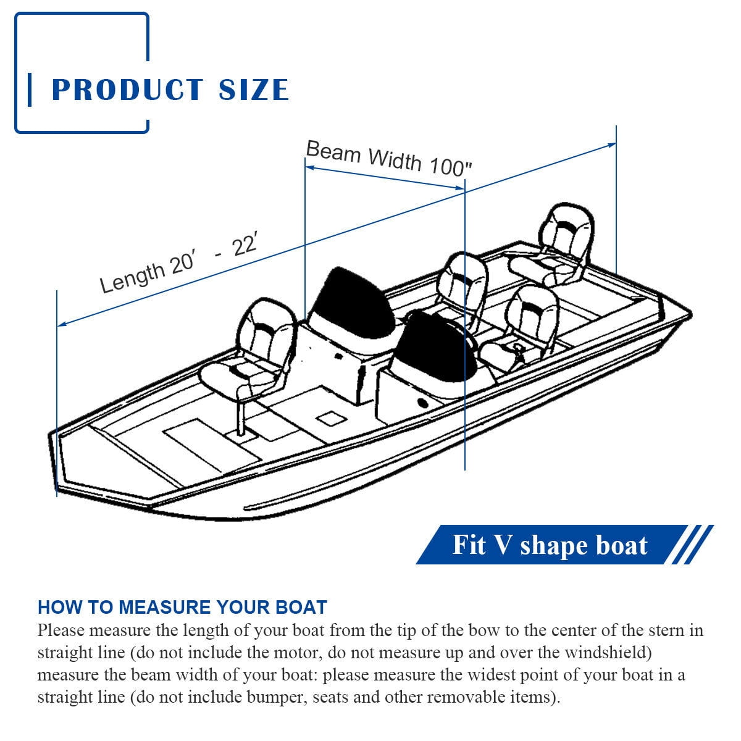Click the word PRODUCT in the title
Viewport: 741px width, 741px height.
(127, 90)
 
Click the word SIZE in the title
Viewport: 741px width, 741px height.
(254, 90)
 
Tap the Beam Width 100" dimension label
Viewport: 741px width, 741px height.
(389, 158)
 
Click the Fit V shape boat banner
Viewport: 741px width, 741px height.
(550, 545)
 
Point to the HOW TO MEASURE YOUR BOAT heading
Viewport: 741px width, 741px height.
(182, 607)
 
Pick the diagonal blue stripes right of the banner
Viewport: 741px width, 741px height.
(692, 545)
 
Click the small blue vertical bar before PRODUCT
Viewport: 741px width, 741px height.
(30, 90)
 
